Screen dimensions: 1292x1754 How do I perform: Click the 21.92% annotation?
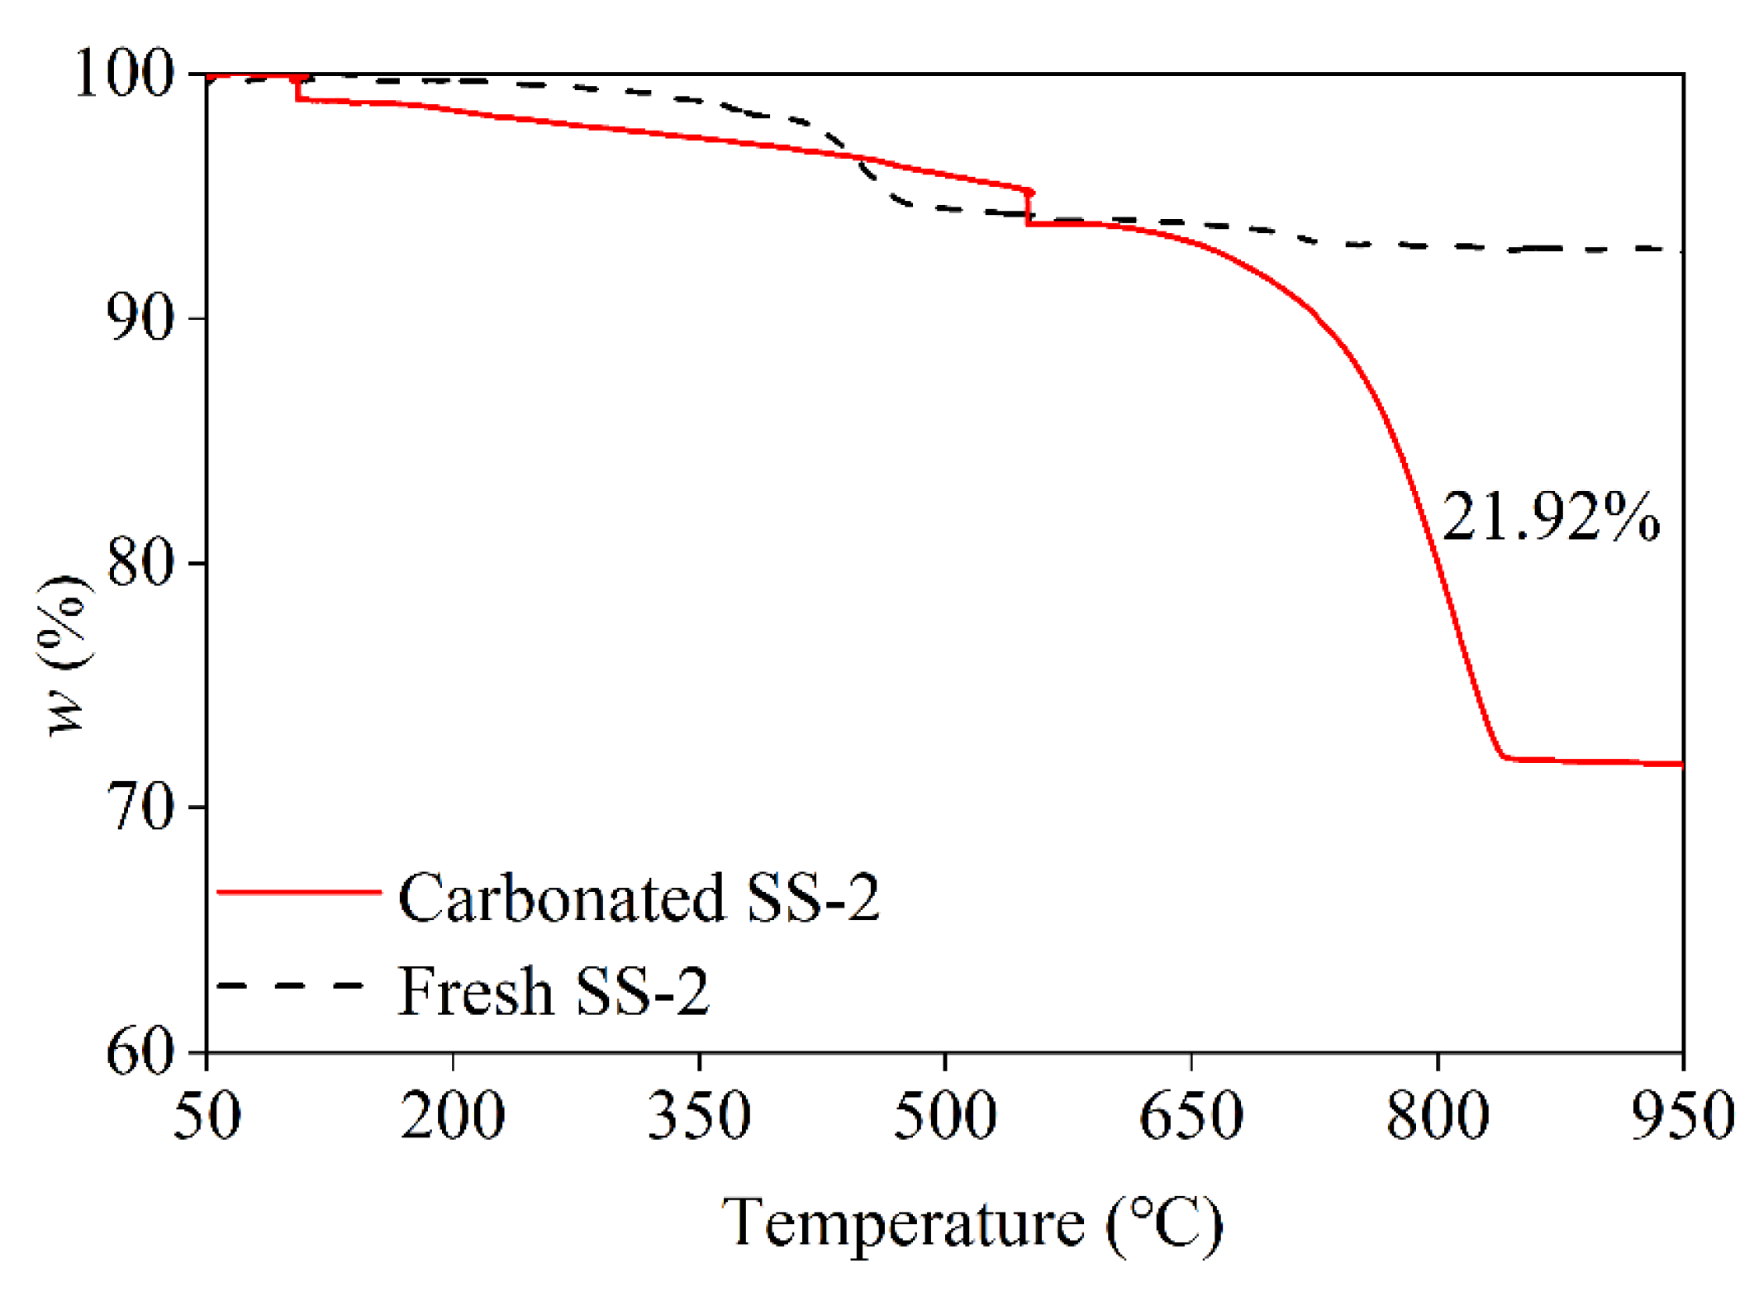1550,518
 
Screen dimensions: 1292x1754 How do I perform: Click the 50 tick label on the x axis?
207,1116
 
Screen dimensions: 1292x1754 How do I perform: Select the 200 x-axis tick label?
453,1116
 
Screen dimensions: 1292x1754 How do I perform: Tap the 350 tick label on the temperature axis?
699,1116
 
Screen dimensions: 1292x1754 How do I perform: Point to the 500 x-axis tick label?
944,1116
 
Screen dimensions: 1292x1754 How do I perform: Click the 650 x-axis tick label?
1191,1116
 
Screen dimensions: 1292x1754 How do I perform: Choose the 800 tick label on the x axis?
1438,1116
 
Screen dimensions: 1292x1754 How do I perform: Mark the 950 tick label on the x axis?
1682,1116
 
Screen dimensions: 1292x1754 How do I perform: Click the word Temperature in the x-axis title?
902,1224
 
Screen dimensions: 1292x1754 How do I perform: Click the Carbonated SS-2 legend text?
638,899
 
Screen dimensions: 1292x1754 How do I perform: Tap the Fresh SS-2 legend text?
553,991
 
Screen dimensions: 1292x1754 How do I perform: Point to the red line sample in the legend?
298,892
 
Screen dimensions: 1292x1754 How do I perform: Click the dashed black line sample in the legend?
290,985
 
